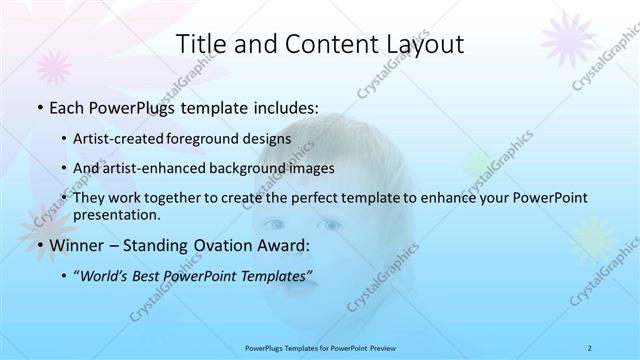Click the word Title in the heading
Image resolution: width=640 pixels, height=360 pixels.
[200, 44]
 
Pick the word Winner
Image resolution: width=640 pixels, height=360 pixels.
[76, 244]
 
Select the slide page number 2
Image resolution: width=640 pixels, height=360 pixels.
[590, 348]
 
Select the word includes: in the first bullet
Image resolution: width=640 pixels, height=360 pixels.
[285, 105]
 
